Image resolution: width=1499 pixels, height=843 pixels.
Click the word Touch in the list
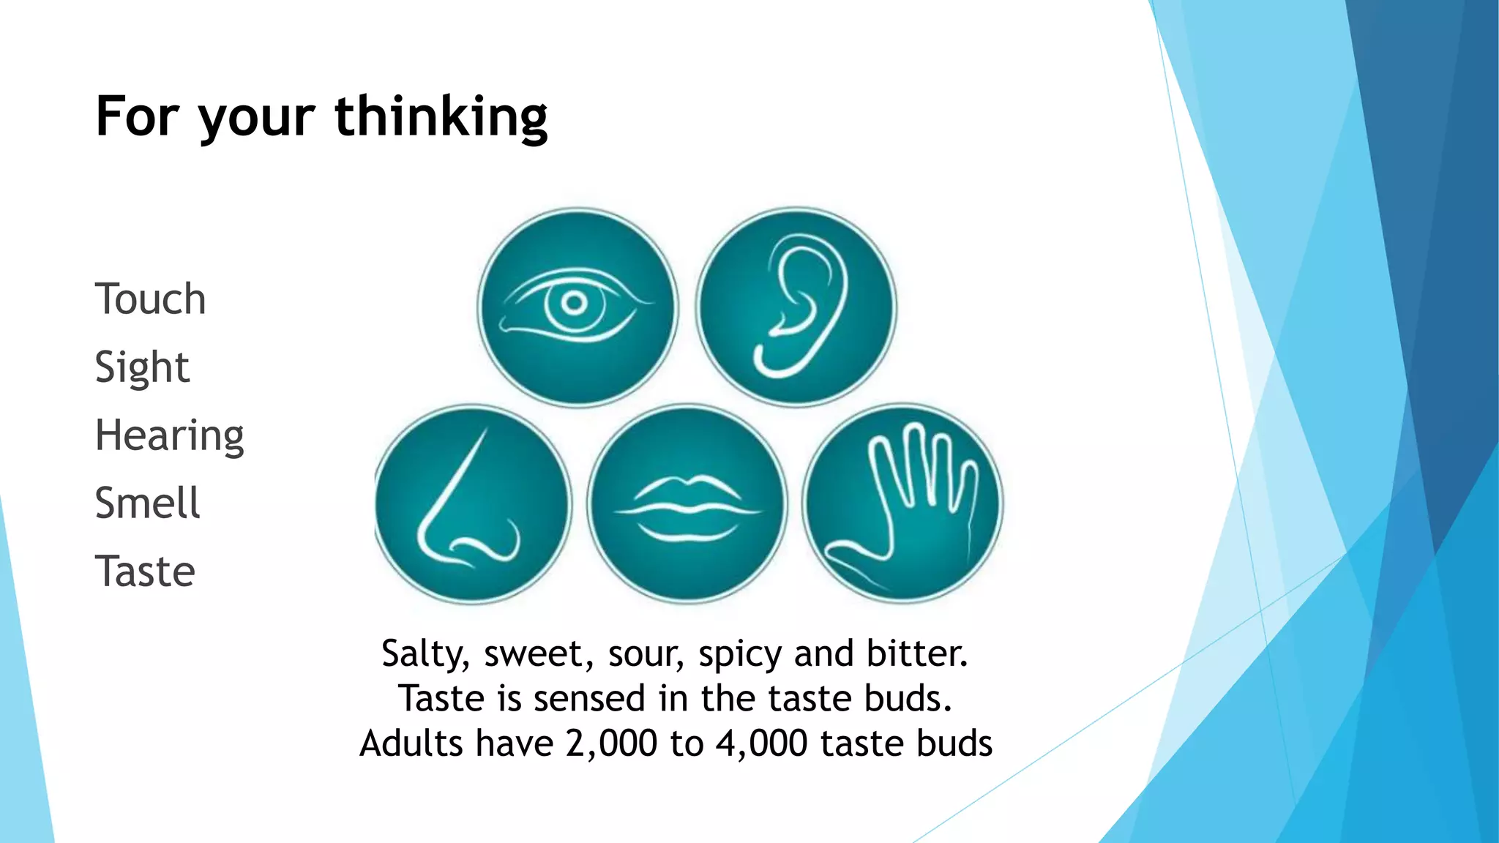coord(150,299)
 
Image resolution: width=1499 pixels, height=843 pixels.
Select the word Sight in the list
coord(142,367)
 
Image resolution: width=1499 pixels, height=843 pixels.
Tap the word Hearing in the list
coord(169,435)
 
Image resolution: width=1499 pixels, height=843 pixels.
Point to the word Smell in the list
coord(147,503)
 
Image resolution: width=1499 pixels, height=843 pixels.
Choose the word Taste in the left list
coord(145,572)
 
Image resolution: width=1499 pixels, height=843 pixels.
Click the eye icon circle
coord(577,307)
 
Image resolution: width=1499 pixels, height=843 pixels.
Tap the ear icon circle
coord(796,307)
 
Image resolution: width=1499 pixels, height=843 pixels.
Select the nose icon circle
coord(471,504)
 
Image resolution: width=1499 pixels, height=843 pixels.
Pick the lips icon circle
coord(687,504)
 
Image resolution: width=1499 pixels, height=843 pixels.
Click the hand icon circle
coord(902,504)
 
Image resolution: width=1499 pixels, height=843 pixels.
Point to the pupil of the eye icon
coord(575,303)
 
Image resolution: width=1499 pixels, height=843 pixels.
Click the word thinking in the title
coord(441,117)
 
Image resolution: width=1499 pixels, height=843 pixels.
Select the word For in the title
coord(138,117)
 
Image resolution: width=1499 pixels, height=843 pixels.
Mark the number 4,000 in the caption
coord(761,743)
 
